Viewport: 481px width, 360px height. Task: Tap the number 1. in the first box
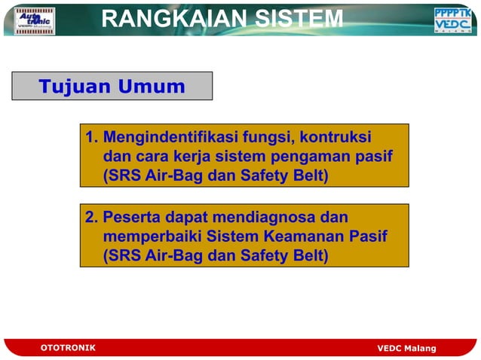click(x=92, y=139)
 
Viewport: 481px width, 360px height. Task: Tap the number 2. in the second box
click(x=92, y=218)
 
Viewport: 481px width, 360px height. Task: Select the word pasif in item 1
click(x=375, y=157)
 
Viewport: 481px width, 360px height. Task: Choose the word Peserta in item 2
click(x=132, y=218)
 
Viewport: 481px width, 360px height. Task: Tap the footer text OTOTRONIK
click(x=67, y=347)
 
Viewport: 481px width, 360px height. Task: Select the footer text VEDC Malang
click(x=406, y=348)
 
